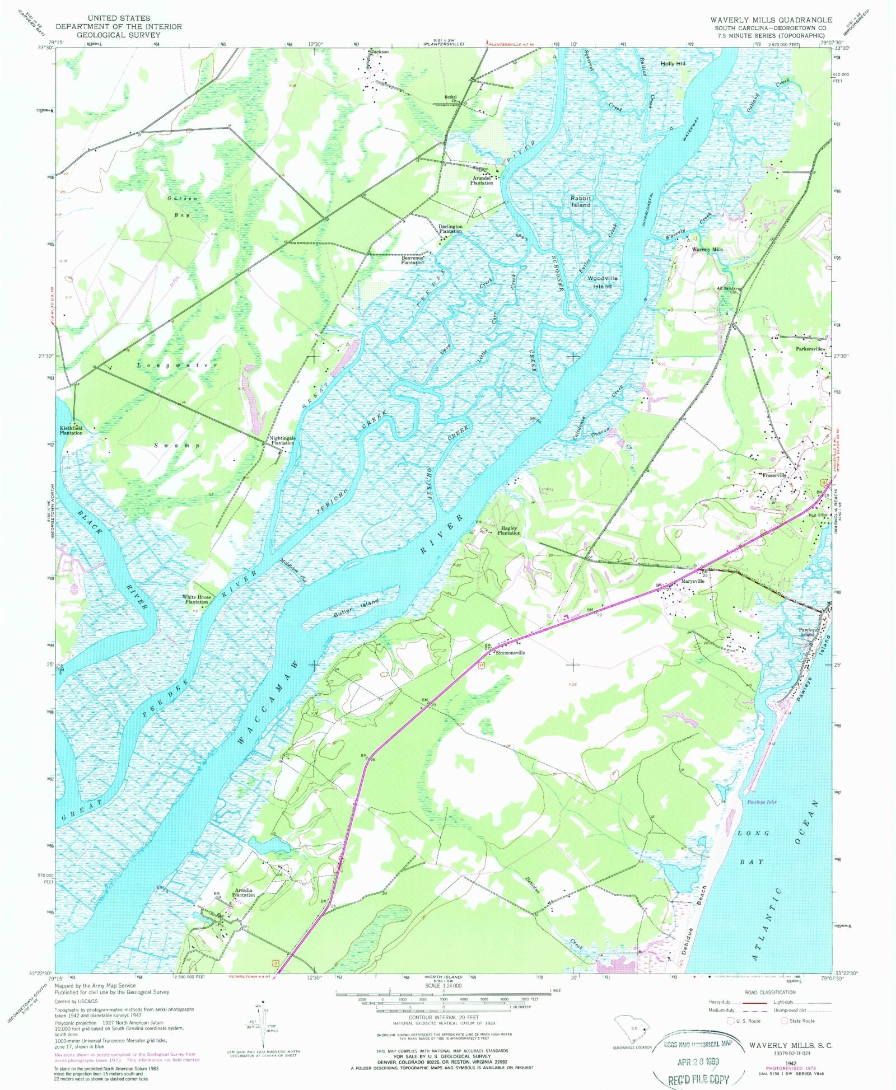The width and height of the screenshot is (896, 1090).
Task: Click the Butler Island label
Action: click(356, 607)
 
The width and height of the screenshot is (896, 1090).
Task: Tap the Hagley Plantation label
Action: click(509, 530)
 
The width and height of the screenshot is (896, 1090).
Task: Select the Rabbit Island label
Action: click(581, 202)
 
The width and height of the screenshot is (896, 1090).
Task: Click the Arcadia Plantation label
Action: click(244, 892)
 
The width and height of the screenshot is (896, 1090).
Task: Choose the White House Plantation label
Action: click(197, 600)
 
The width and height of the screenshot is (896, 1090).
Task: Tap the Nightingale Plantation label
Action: click(282, 441)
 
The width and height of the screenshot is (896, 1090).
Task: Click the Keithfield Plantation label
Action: click(71, 431)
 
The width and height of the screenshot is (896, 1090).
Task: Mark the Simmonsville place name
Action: click(509, 653)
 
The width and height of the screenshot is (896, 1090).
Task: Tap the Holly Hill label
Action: click(673, 64)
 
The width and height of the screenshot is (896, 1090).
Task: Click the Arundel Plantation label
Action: click(482, 180)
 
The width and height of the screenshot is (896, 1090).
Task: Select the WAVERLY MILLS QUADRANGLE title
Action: click(771, 20)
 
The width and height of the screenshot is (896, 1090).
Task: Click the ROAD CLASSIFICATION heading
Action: click(770, 992)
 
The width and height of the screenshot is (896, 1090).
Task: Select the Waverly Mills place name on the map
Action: click(707, 249)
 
